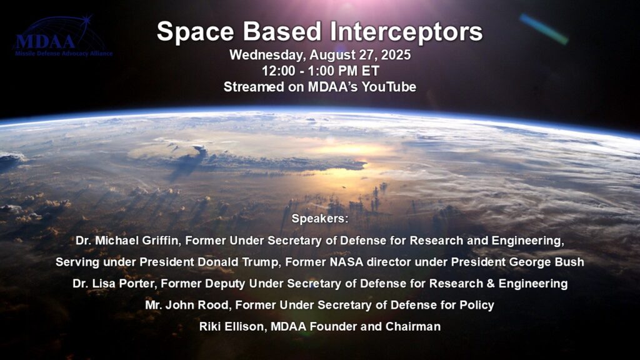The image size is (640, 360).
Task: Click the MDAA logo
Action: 62,37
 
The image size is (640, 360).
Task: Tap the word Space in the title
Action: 196,32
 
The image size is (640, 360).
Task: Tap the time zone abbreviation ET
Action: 370,71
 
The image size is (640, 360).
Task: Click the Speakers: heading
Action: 320,219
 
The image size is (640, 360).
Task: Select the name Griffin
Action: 161,241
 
